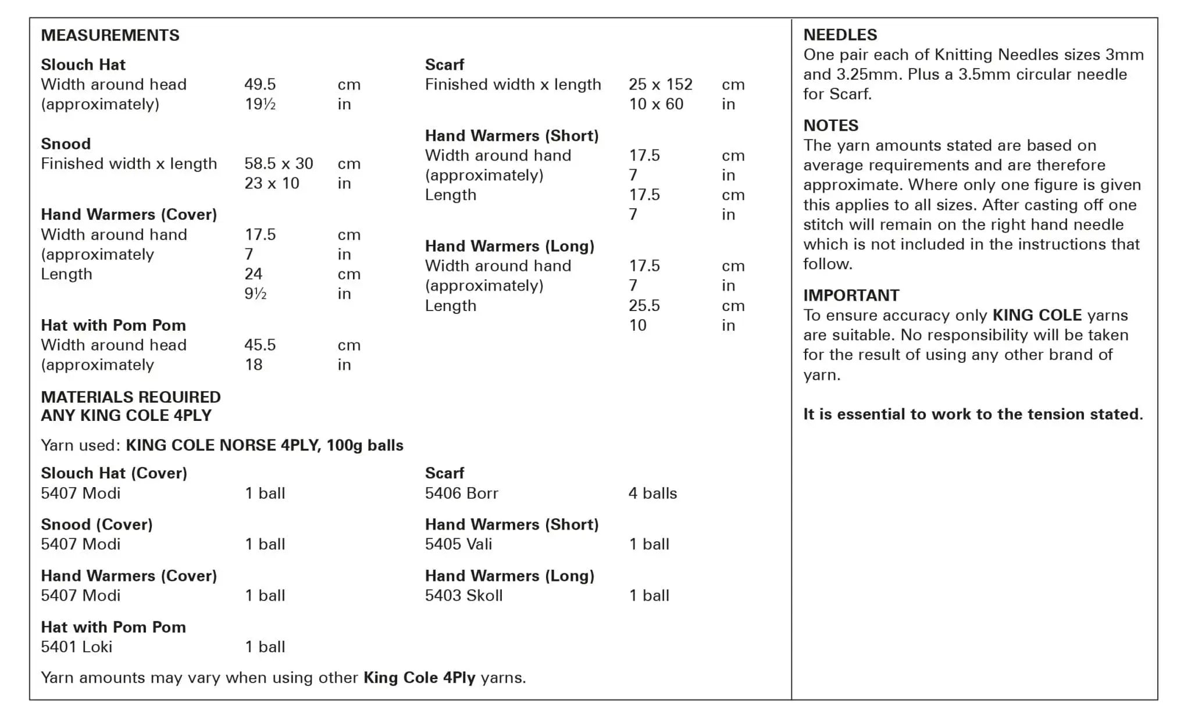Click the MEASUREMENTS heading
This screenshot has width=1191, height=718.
click(x=110, y=35)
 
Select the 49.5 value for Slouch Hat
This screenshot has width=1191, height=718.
click(x=260, y=84)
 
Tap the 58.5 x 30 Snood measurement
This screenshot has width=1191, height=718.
click(x=279, y=163)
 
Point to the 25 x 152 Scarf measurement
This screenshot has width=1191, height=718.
click(x=660, y=84)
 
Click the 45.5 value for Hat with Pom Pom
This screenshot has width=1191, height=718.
click(x=260, y=345)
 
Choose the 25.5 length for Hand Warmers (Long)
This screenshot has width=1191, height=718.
click(x=644, y=305)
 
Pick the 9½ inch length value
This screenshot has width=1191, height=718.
click(x=255, y=294)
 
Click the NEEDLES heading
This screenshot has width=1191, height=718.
click(x=840, y=35)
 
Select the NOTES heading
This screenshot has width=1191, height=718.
click(x=830, y=126)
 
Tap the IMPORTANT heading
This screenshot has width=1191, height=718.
click(x=851, y=295)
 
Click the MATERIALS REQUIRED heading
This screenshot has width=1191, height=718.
click(x=131, y=397)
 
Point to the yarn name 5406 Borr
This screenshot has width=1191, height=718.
click(x=461, y=493)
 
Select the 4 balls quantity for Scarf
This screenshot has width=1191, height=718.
click(x=652, y=493)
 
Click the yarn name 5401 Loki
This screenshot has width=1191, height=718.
click(x=76, y=646)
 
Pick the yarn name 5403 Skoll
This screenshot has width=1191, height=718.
click(x=463, y=595)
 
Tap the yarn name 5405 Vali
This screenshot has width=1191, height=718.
click(x=458, y=544)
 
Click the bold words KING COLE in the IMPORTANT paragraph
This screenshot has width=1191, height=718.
click(x=1037, y=315)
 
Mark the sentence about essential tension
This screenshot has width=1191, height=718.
click(x=973, y=414)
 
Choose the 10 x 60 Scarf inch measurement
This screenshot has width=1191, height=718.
click(x=655, y=104)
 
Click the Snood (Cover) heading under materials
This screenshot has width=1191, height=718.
click(x=97, y=524)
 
